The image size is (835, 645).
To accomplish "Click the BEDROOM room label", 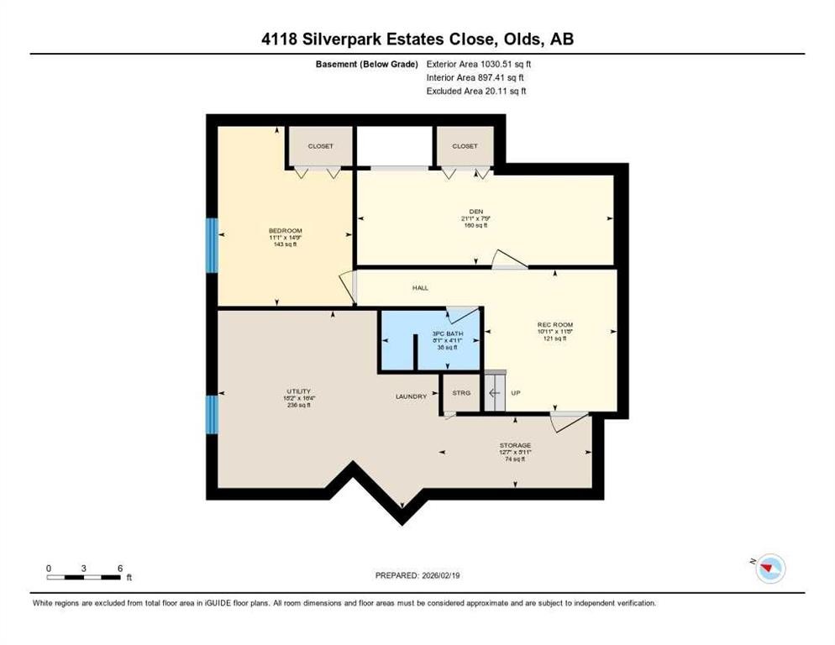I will pos(285,231).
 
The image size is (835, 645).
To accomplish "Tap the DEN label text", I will pos(475,212).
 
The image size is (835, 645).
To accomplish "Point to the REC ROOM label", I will pos(554,325).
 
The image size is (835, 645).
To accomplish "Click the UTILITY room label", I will pos(298,391).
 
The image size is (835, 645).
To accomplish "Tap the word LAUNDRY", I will pos(412,396).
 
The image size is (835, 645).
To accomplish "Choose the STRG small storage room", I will pos(461,393).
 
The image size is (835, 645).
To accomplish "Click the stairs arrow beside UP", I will pos(495,393).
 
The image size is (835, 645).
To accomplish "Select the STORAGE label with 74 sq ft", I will pos(514,445).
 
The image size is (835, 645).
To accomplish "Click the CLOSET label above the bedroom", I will pos(320,146).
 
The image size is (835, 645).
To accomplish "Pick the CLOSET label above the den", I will pos(465,146).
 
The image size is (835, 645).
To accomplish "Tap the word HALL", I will pos(420,288).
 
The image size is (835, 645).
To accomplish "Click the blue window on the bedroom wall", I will pos(212,245).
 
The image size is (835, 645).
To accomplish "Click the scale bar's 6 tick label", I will pos(120,568).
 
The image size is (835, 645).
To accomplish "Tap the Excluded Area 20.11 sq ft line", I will pos(476,91).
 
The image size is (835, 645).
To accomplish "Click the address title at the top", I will pos(417,39).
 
